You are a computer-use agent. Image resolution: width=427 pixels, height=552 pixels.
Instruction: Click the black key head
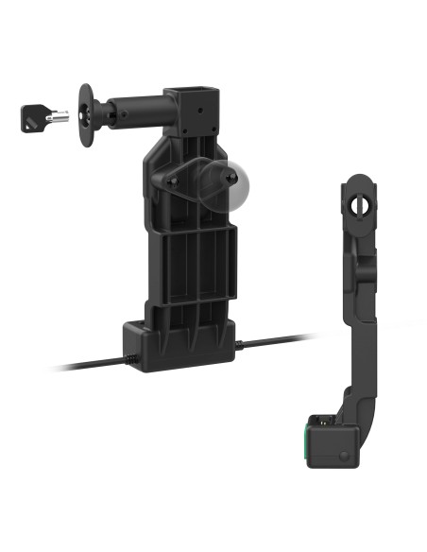coord(31,118)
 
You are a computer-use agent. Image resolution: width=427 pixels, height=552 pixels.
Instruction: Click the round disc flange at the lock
coord(86,114)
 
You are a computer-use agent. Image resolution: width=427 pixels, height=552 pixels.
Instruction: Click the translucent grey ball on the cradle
coord(226,185)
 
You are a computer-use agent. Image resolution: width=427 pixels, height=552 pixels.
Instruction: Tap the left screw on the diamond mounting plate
coord(173,180)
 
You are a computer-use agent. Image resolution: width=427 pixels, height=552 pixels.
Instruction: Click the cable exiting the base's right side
coord(274,339)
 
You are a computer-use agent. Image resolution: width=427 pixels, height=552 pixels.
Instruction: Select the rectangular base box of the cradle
coord(179,345)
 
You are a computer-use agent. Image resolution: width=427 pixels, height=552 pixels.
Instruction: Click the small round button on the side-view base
coord(337,455)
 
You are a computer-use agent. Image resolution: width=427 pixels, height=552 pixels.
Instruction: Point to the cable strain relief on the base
coord(130,357)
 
